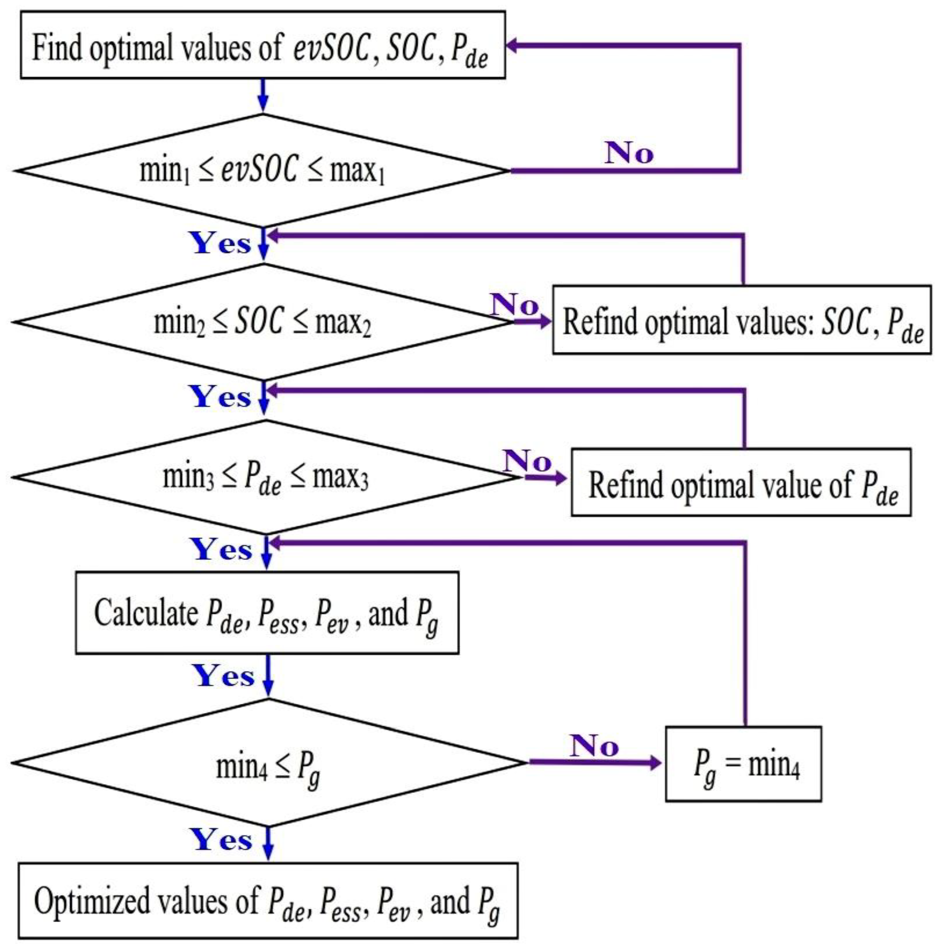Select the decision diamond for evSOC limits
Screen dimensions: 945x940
262,171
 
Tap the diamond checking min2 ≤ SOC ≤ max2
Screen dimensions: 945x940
262,322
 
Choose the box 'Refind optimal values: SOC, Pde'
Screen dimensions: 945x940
741,320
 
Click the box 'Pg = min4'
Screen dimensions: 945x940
743,763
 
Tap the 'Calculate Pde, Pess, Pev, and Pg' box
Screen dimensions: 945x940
267,612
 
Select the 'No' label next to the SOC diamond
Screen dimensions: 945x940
514,305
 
